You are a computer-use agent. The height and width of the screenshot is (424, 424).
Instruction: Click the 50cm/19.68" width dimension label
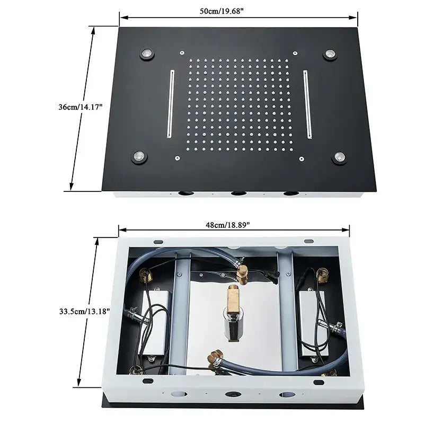pos(222,11)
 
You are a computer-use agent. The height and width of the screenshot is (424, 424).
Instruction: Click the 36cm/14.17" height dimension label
pos(81,107)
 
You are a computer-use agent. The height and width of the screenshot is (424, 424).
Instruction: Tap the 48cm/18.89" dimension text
pos(228,225)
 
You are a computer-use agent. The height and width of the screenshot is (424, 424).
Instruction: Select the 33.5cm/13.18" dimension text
pos(85,311)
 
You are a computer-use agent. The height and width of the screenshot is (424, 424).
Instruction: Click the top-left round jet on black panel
pos(147,54)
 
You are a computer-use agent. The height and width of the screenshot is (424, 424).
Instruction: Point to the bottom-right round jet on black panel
pos(340,157)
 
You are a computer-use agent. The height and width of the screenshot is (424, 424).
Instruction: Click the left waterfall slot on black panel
pos(171,104)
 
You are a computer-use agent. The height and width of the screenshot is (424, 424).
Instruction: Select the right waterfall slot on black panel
pos(307,104)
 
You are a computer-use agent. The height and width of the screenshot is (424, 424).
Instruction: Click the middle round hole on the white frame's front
pos(233,394)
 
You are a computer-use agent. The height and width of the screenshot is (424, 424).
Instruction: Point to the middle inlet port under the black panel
pos(238,193)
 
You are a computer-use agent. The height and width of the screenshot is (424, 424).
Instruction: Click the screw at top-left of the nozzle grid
pos(182,52)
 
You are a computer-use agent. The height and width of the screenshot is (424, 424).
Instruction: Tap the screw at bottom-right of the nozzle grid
pos(301,159)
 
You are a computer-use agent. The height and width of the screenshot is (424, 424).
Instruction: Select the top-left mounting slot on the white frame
pos(158,242)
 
